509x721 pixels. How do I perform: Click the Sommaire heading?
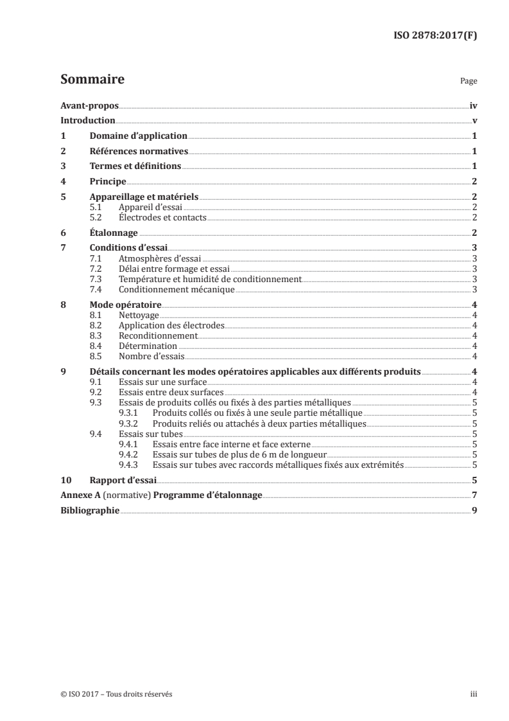pos(92,80)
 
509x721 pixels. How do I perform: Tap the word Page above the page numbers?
pos(469,82)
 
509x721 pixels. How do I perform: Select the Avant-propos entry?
pos(89,105)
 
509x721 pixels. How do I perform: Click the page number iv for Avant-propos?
pos(473,105)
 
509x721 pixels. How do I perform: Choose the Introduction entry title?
pos(88,121)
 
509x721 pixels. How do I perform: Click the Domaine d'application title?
pos(138,136)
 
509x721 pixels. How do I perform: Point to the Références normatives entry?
pos(138,152)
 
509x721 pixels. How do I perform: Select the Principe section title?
pos(107,182)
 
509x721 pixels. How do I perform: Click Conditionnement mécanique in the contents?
pos(177,290)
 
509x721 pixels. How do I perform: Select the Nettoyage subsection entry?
pos(139,316)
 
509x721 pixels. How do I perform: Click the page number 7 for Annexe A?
pos(474,495)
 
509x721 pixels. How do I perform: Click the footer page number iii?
pos(474,694)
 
